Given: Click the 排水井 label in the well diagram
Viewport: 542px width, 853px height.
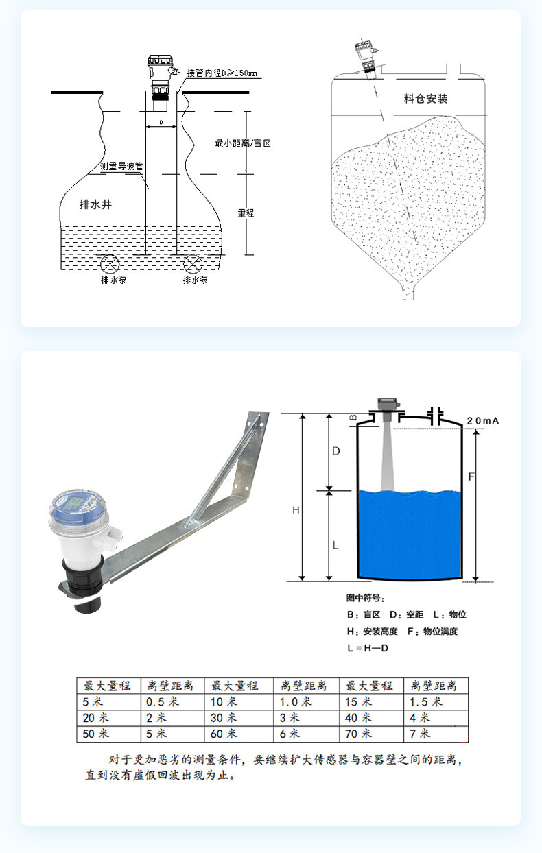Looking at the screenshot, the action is click(95, 204).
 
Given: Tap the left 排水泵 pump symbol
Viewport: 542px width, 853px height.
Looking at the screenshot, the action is click(110, 264).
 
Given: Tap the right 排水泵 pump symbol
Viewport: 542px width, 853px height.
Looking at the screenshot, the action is click(193, 264).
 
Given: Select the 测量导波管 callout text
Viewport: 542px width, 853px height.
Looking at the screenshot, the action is click(121, 166).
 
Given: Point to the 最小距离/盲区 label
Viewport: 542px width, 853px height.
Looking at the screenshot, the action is click(243, 143).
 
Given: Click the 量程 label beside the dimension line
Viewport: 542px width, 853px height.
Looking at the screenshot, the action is click(246, 213).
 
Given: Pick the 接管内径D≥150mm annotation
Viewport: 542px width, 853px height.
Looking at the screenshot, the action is click(222, 73).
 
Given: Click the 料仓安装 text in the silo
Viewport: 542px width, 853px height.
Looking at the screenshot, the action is click(425, 99).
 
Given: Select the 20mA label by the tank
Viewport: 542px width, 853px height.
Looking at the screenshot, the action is click(483, 421).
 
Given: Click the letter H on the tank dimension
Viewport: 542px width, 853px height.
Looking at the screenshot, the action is click(296, 510).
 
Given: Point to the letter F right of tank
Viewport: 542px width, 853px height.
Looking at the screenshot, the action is click(471, 477).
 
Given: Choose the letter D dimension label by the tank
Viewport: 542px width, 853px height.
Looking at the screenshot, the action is click(335, 451).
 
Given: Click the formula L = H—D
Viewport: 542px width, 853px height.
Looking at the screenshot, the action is click(368, 648).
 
